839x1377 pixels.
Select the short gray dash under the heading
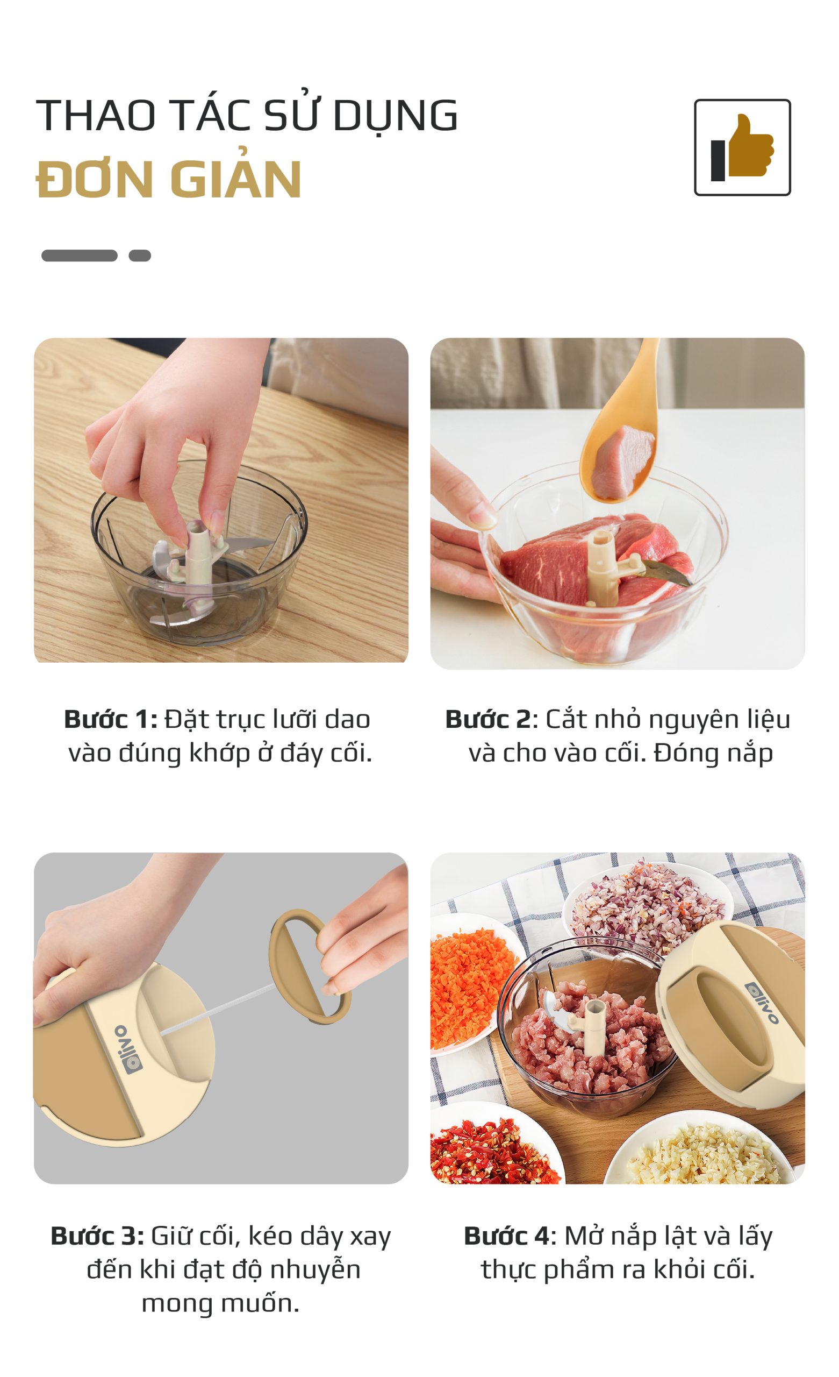point(140,255)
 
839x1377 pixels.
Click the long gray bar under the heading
point(80,255)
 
